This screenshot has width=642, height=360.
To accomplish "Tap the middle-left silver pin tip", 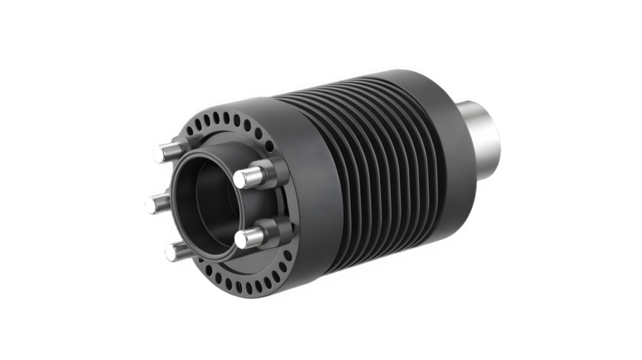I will coord(151,203).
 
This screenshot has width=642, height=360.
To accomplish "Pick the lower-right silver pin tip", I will coord(243,238).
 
